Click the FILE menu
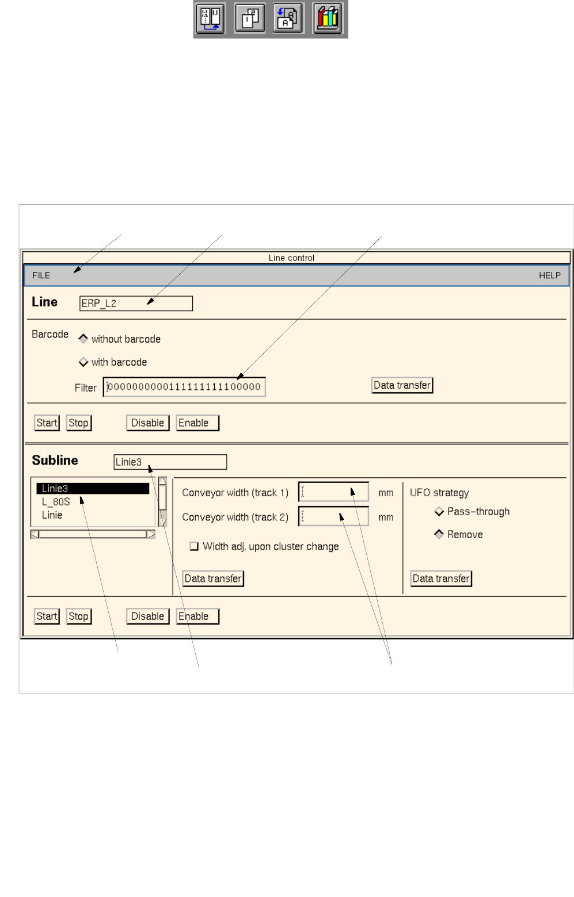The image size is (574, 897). (x=41, y=275)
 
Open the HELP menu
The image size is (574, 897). (x=549, y=275)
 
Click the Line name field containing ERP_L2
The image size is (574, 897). (x=136, y=304)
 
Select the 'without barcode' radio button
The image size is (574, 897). (x=83, y=339)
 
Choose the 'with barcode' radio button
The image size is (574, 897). (x=83, y=362)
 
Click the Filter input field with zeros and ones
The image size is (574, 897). (x=184, y=387)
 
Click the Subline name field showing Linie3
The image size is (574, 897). (x=170, y=462)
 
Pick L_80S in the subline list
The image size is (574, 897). (x=56, y=502)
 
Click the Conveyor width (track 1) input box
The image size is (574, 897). (x=333, y=492)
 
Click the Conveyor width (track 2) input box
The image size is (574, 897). (x=333, y=516)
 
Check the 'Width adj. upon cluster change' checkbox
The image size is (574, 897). (x=194, y=546)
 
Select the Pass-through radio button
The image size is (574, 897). (x=439, y=511)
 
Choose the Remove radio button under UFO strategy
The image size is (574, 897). (x=439, y=534)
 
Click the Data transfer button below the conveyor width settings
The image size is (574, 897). (x=213, y=578)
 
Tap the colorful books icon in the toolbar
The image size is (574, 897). (x=328, y=19)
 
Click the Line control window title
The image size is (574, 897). (x=291, y=258)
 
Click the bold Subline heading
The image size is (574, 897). (x=55, y=461)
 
